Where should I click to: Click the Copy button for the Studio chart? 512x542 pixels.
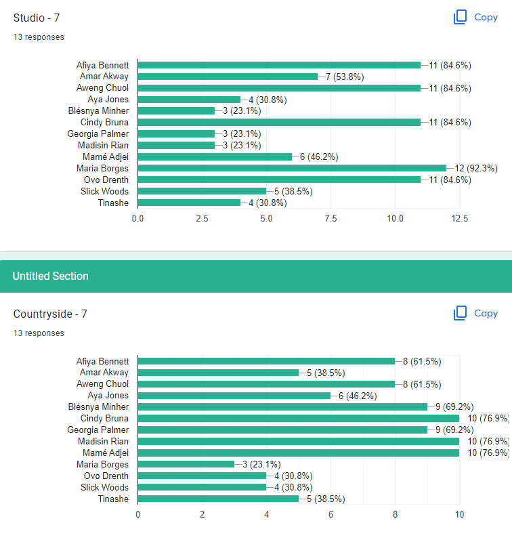click(475, 17)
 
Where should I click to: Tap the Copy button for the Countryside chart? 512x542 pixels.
click(475, 313)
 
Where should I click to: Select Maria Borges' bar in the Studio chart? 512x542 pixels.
click(292, 168)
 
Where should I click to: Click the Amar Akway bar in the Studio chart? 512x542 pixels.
click(228, 77)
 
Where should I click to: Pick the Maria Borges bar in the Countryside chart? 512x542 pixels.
click(186, 464)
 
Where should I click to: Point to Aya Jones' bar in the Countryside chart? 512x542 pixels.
click(234, 396)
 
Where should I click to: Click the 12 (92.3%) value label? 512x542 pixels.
click(476, 168)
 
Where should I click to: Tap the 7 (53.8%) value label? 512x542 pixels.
click(345, 77)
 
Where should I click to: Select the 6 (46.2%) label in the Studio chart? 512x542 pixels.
click(319, 157)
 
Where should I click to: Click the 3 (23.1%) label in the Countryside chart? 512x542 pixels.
click(261, 464)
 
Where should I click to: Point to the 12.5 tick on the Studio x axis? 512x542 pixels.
click(459, 218)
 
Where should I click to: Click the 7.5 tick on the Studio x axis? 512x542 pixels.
click(330, 218)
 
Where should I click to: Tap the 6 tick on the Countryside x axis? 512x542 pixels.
click(330, 515)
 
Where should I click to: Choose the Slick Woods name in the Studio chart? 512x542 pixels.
click(104, 191)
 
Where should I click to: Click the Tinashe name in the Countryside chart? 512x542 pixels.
click(113, 499)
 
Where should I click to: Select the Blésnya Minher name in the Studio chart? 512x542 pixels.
click(98, 110)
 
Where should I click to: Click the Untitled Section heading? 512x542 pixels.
click(50, 276)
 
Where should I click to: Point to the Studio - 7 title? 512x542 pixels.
click(37, 18)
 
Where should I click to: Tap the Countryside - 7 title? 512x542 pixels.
click(50, 314)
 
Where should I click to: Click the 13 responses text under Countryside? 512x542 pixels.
click(39, 333)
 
